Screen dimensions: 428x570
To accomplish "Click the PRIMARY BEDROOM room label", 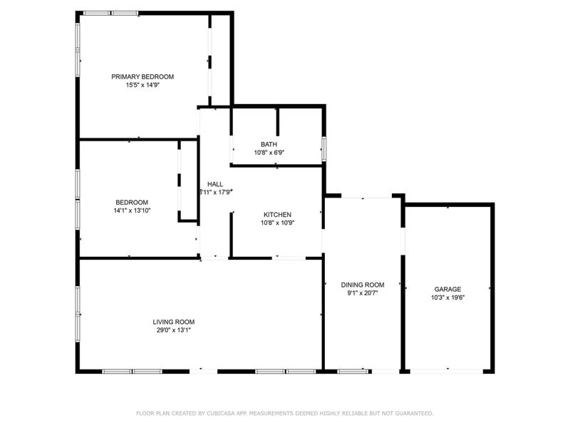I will click(142, 76).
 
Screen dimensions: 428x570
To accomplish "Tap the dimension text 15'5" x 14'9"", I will click(142, 85).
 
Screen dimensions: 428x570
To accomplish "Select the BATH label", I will click(269, 144).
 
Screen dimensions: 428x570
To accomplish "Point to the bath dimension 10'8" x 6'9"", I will click(269, 153).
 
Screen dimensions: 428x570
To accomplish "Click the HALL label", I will click(215, 183).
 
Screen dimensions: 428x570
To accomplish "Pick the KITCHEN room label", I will click(277, 214).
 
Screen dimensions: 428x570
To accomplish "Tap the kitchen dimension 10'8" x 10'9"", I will click(277, 223).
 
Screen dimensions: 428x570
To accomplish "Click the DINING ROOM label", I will click(363, 284).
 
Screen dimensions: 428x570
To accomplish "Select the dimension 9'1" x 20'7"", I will click(363, 292).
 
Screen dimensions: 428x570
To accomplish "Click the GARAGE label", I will click(447, 289).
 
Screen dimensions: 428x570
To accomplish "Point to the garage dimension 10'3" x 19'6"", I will click(447, 297).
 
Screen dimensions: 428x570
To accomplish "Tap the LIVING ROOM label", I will click(174, 321).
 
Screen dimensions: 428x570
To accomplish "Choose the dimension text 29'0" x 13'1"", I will click(174, 330).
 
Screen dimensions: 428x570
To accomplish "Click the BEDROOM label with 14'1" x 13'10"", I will click(132, 202).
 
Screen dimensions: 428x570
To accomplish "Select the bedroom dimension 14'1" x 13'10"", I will click(132, 210).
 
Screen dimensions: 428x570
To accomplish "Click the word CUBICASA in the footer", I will click(227, 413).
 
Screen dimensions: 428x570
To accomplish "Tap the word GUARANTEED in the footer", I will click(413, 413).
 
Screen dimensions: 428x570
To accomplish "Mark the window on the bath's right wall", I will click(323, 148).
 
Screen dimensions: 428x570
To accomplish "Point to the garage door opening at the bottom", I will click(447, 370).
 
